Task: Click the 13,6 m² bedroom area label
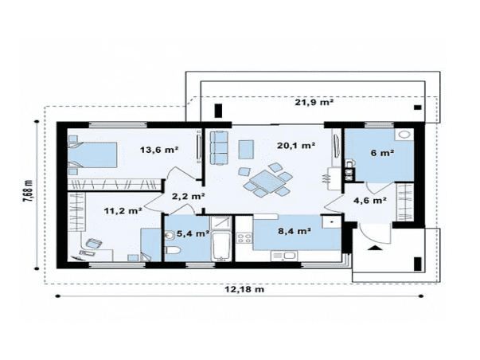(159, 150)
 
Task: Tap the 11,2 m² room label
(123, 211)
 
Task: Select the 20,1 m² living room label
(296, 145)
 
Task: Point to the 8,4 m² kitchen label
(295, 231)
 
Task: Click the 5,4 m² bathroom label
(193, 234)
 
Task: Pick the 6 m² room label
(382, 153)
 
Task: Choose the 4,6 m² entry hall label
(370, 201)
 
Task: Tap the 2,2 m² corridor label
(188, 196)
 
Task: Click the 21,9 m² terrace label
(314, 102)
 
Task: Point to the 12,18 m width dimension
(244, 289)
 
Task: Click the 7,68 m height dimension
(28, 190)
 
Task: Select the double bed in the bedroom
(92, 155)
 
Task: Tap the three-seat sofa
(218, 147)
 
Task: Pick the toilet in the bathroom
(173, 250)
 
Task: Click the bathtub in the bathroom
(221, 247)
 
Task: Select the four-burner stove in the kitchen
(244, 238)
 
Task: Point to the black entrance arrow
(373, 248)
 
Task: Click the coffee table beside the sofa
(246, 149)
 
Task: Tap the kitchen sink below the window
(284, 256)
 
